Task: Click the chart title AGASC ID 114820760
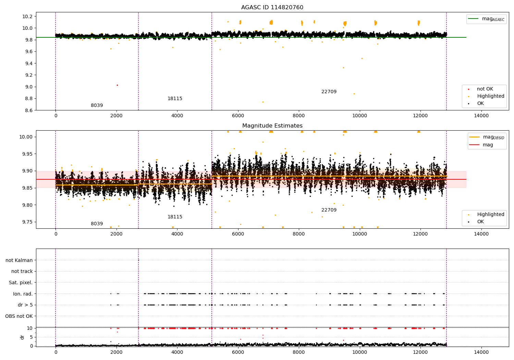pos(272,8)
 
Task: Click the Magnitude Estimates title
pos(272,126)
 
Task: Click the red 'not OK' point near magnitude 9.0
pos(117,85)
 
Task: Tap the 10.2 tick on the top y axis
pos(27,16)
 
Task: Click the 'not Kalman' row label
pos(19,260)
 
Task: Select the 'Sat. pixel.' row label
pos(21,283)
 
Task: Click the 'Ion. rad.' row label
pos(23,294)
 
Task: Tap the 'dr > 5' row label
pos(25,305)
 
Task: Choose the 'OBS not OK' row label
pos(19,316)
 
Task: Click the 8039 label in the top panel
pos(97,106)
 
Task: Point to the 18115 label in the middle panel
pos(175,217)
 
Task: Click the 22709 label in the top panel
pos(329,92)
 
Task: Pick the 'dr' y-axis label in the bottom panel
pos(22,337)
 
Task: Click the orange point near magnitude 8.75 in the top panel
pos(263,102)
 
